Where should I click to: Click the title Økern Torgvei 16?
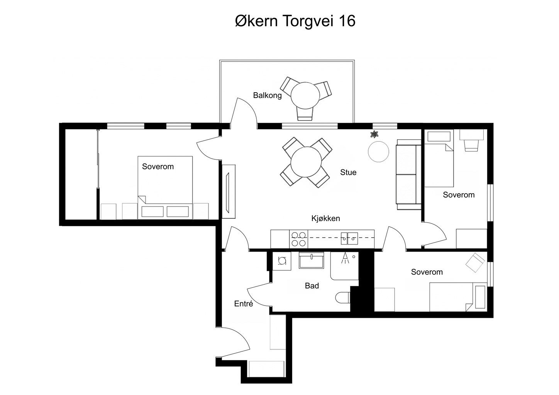click(295, 21)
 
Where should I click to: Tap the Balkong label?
click(267, 95)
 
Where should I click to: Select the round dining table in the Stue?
click(306, 162)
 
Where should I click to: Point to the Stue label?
click(348, 172)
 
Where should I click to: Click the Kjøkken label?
click(325, 218)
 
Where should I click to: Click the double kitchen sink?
click(349, 239)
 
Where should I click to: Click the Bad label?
click(312, 286)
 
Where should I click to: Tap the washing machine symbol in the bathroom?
click(282, 261)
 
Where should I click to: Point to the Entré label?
click(244, 304)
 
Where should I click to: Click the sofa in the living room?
click(408, 176)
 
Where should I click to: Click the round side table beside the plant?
click(378, 152)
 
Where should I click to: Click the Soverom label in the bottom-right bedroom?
click(427, 272)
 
